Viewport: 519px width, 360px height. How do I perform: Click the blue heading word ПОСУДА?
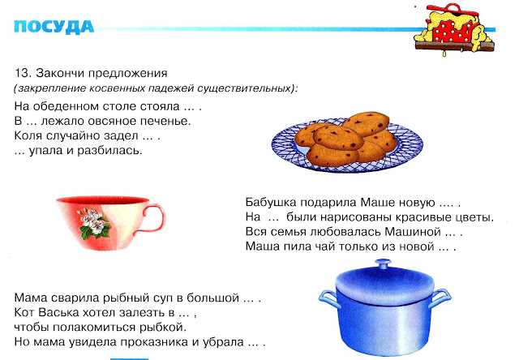tap(54, 27)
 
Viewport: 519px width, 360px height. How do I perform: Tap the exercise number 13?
tap(22, 73)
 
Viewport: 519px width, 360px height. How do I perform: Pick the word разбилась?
tap(109, 151)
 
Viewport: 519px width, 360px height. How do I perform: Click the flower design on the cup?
tap(94, 223)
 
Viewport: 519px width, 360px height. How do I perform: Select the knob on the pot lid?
tap(384, 264)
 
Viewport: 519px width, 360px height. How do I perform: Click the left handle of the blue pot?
tap(328, 298)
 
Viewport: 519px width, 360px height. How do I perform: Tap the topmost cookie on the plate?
tap(366, 124)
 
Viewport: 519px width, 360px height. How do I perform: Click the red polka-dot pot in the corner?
tap(454, 29)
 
